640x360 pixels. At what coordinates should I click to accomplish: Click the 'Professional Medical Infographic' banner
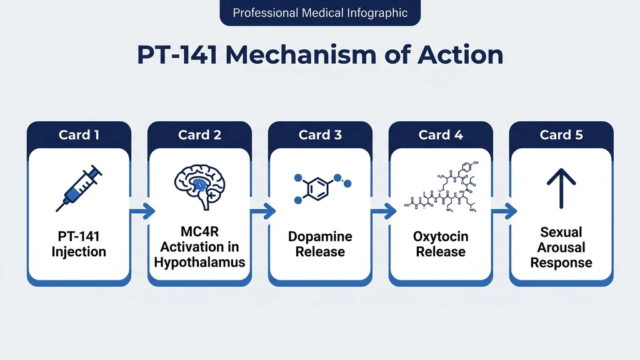coord(320,12)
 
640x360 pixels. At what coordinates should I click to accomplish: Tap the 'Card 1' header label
coord(79,135)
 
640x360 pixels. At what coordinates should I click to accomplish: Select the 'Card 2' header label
coord(199,135)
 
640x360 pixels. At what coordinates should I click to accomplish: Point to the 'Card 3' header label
coord(320,135)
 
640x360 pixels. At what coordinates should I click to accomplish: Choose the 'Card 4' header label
coord(441,135)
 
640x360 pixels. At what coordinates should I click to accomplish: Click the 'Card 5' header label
coord(561,135)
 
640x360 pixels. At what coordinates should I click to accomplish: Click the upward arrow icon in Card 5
coord(561,186)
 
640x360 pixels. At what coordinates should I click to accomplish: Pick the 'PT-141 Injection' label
coord(79,244)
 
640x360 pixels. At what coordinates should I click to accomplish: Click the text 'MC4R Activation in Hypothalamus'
coord(199,247)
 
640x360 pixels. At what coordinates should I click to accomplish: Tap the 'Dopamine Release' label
coord(320,244)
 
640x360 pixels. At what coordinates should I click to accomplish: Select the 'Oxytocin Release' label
coord(441,244)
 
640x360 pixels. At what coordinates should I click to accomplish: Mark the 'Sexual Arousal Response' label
coord(561,247)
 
